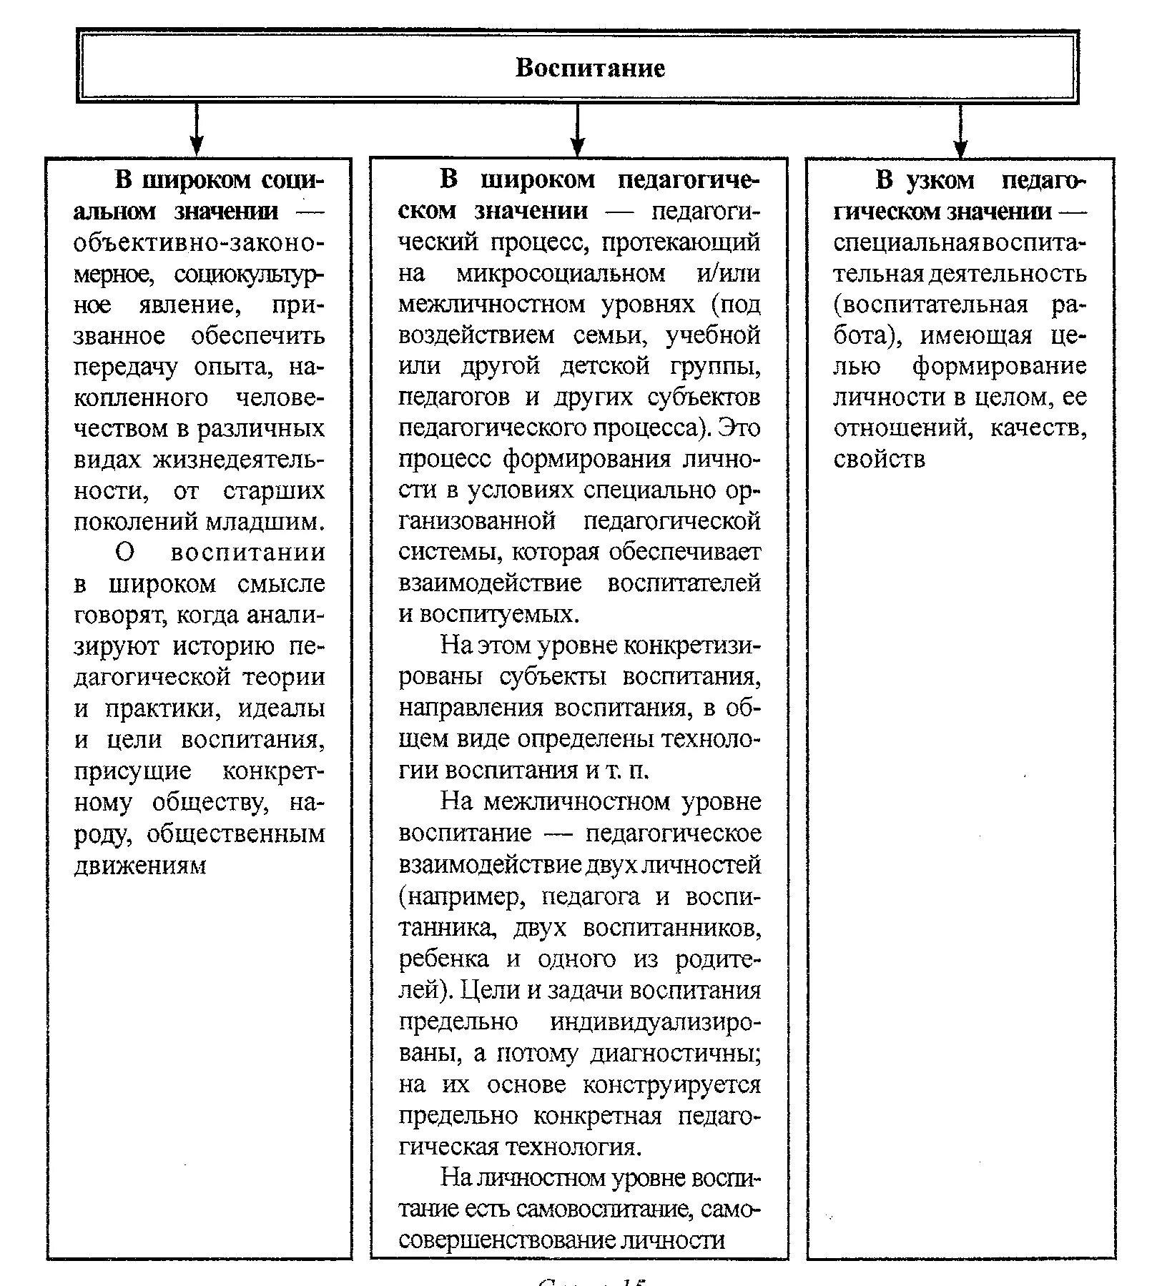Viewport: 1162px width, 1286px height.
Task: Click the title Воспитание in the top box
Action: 590,68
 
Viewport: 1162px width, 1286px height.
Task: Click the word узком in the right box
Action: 940,180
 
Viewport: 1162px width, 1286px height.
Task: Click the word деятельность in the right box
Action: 1008,274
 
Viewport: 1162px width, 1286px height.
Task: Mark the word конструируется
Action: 671,1085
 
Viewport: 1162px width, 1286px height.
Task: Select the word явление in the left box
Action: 192,305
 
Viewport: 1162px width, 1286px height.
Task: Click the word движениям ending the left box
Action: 139,866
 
